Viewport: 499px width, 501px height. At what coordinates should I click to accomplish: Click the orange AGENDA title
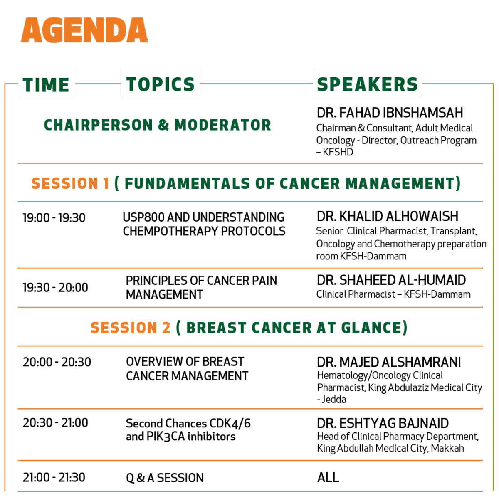(84, 30)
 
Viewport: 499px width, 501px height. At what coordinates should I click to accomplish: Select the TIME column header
(46, 85)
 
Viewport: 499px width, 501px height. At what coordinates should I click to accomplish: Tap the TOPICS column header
(161, 84)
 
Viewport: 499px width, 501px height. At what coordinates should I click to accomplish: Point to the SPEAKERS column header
(367, 84)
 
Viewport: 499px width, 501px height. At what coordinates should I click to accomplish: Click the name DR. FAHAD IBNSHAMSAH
(390, 113)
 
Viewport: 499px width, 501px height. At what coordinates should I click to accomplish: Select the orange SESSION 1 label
(70, 183)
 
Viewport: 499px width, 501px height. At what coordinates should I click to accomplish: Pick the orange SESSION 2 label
(130, 327)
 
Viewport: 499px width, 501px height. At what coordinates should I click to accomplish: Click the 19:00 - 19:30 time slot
(54, 217)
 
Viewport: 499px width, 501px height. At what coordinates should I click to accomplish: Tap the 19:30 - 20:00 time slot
(55, 287)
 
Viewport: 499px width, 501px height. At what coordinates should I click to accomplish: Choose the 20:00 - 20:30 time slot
(57, 362)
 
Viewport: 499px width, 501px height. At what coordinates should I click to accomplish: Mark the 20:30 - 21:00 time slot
(55, 422)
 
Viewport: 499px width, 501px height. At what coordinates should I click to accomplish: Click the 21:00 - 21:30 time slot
(54, 477)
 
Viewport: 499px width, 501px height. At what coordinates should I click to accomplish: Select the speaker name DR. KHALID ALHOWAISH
(388, 216)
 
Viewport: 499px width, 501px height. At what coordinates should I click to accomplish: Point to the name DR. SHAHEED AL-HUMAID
(391, 280)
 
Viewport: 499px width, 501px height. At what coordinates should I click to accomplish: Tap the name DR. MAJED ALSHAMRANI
(389, 362)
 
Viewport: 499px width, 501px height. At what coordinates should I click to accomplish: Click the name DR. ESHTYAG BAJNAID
(383, 423)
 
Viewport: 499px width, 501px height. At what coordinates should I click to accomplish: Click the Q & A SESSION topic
(165, 478)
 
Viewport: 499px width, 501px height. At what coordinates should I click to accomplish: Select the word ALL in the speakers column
(328, 477)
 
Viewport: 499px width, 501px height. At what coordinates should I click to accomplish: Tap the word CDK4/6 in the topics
(230, 423)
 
